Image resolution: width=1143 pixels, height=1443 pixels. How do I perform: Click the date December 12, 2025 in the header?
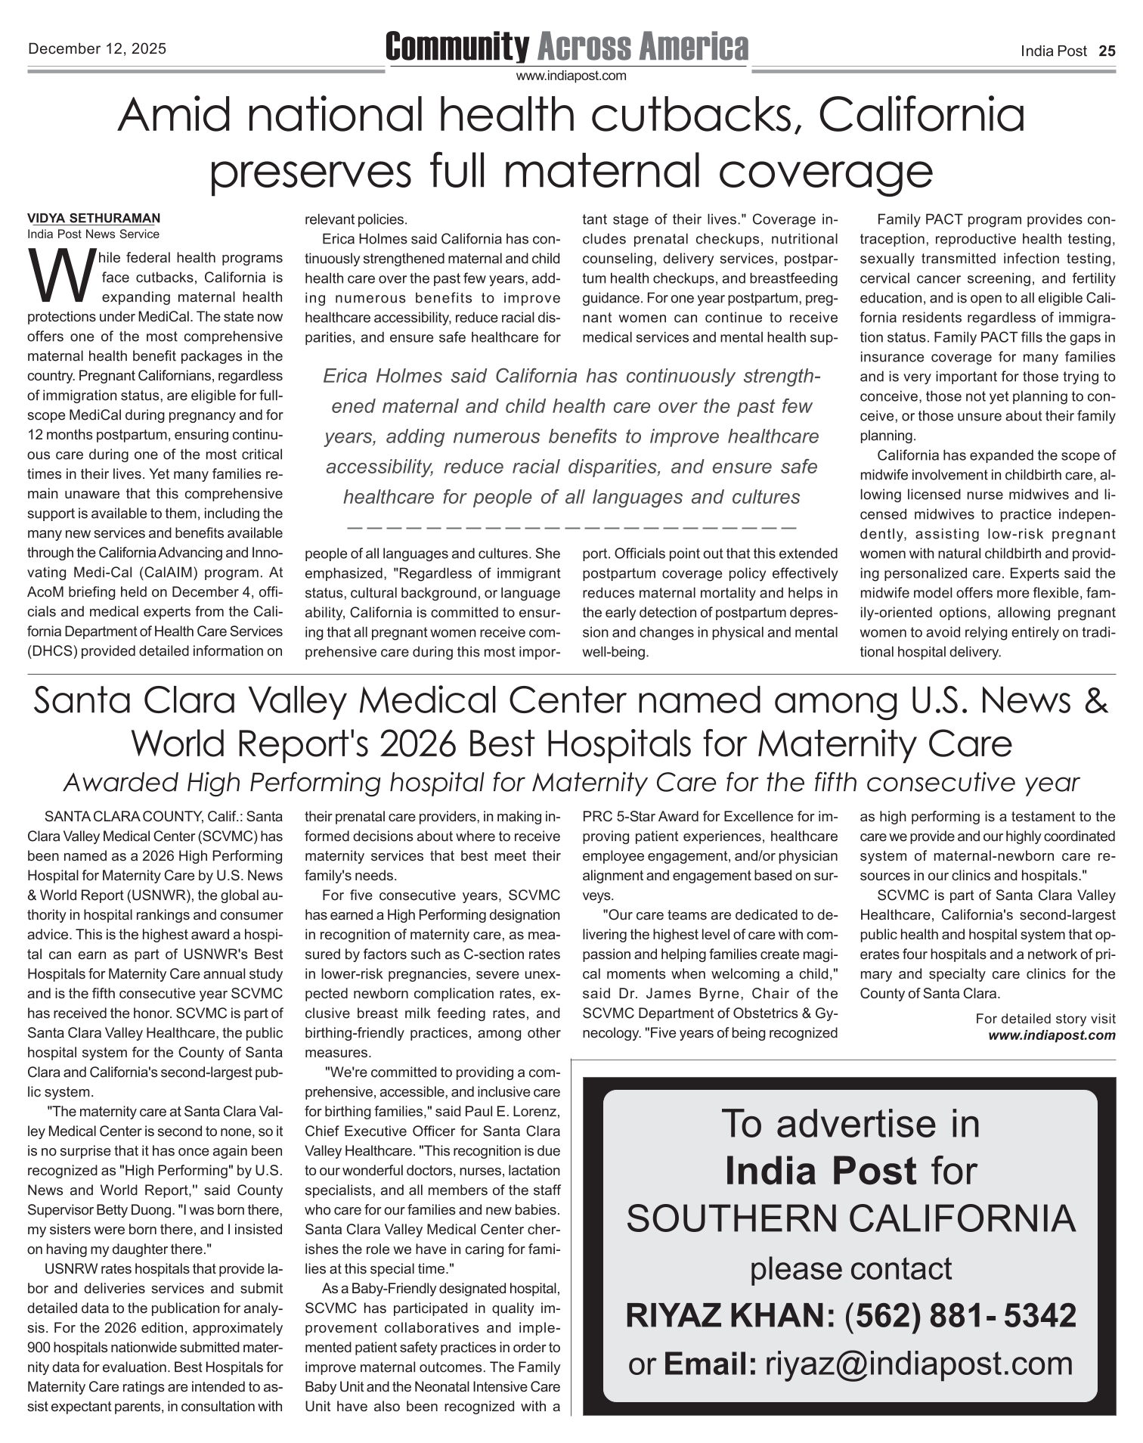[x=97, y=50]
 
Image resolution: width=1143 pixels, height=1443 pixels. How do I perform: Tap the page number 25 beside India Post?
[x=1107, y=51]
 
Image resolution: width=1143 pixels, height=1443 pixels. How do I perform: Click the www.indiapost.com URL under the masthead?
[x=571, y=76]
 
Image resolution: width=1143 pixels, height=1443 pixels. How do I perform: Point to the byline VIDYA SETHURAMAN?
[x=94, y=219]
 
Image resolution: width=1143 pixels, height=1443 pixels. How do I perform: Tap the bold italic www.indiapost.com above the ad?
[x=1052, y=1035]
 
